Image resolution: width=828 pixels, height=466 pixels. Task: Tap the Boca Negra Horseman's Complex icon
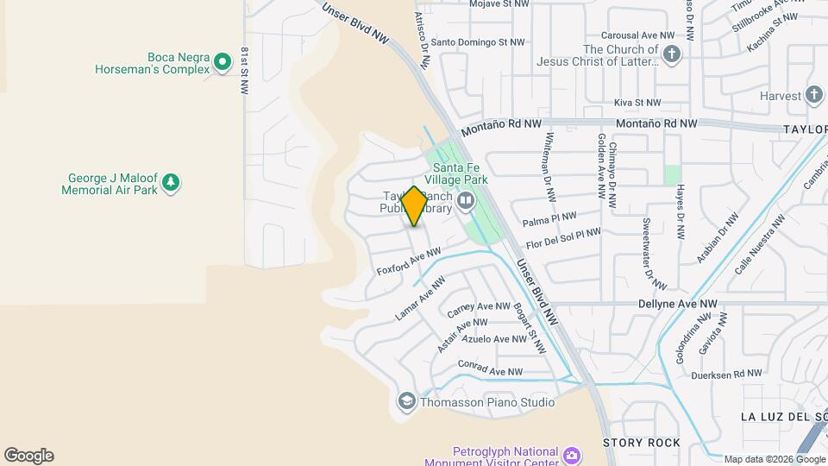click(223, 61)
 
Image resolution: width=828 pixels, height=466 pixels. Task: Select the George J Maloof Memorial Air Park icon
click(171, 182)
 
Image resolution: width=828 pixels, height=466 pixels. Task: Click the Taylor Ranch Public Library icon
click(467, 202)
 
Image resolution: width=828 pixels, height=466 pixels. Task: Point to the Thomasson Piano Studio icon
click(406, 401)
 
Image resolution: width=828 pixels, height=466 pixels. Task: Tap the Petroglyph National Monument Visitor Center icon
click(571, 455)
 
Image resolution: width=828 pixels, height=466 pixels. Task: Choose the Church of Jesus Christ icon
click(672, 55)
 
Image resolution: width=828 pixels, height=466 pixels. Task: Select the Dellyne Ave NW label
click(678, 304)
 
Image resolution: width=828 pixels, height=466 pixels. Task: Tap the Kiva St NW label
click(637, 103)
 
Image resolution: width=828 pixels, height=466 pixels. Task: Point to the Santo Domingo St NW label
click(478, 41)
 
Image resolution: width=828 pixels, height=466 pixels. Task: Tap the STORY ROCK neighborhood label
click(641, 443)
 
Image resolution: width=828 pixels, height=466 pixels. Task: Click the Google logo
click(28, 456)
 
